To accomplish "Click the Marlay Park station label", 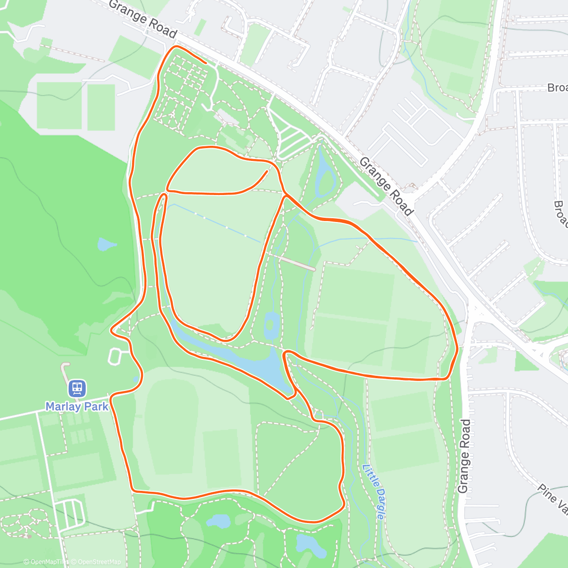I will click(77, 406).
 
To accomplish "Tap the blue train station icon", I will click(77, 389).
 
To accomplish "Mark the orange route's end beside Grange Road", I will click(205, 62).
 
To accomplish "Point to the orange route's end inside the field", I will click(266, 171).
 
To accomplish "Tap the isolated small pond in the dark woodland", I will click(106, 244).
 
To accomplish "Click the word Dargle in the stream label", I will click(377, 503).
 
